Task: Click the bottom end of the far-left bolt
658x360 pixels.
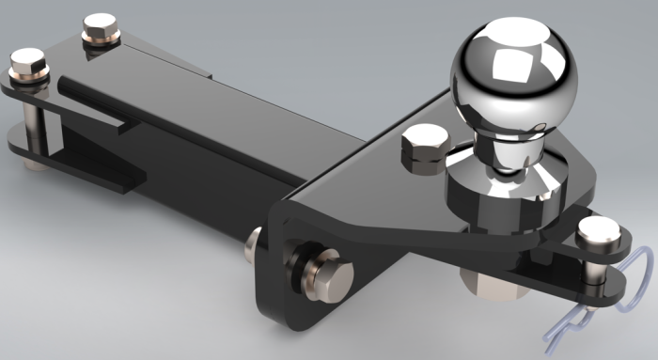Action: [34, 164]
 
